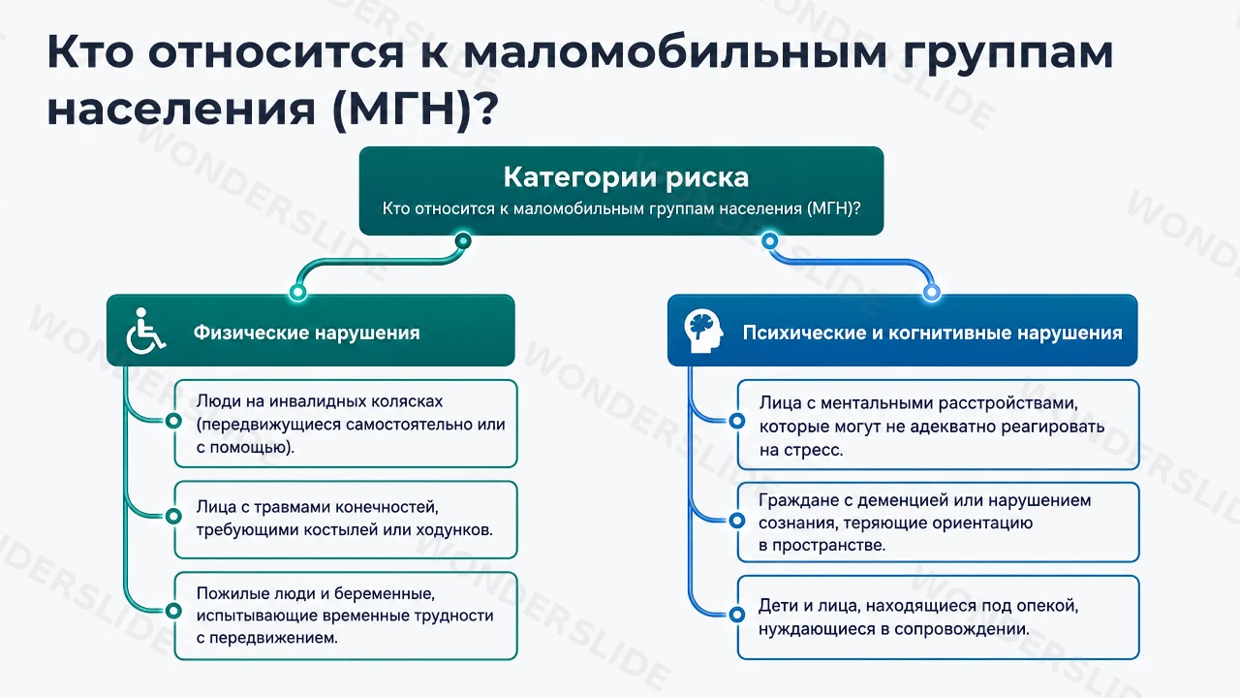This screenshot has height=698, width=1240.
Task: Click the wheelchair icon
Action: (x=145, y=331)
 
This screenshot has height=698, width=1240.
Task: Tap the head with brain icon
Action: (x=703, y=331)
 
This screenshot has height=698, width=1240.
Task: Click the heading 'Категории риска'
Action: (x=626, y=177)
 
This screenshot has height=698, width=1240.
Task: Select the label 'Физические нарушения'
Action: (x=307, y=333)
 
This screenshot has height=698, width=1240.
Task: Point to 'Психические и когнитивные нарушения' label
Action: (x=932, y=333)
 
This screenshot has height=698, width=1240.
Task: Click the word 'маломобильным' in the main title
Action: (x=675, y=52)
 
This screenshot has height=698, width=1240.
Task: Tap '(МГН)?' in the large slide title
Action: (x=416, y=110)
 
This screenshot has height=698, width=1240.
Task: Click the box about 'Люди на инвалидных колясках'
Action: (x=346, y=424)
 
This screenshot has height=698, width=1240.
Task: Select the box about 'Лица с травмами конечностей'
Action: (x=346, y=520)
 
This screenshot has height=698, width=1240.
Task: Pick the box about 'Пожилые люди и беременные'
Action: (x=346, y=616)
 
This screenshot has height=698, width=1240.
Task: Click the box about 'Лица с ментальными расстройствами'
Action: (x=939, y=425)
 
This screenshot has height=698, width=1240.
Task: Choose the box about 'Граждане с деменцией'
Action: (x=939, y=523)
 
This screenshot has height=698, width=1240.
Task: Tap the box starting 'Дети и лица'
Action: (x=939, y=618)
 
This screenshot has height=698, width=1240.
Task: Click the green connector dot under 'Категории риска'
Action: (x=463, y=241)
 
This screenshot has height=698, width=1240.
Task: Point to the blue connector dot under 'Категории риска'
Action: (x=769, y=241)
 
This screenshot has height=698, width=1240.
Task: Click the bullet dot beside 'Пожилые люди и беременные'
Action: (x=173, y=611)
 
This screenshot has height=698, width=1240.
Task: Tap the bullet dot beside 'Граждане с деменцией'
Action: (x=737, y=521)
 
